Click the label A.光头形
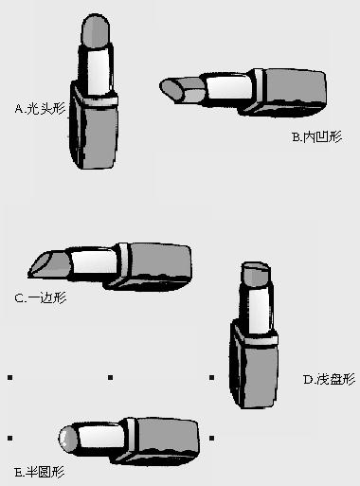[x=40, y=109]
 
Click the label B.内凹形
[x=316, y=137]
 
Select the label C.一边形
[x=41, y=297]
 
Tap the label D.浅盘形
[x=329, y=379]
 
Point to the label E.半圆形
[x=40, y=473]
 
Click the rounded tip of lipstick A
[x=96, y=30]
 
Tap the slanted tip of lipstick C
[x=50, y=264]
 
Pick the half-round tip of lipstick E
[x=68, y=439]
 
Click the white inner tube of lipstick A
[x=99, y=71]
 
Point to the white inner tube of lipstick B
[x=229, y=87]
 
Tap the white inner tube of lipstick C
[x=94, y=262]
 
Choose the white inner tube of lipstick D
[x=260, y=310]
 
